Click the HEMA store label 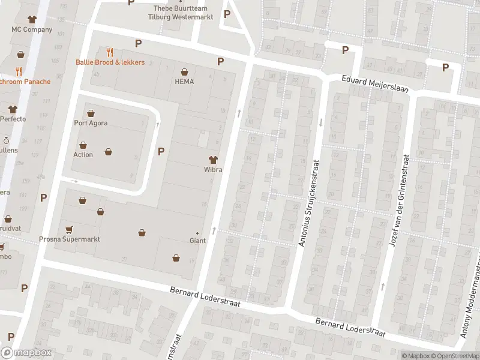[184, 82]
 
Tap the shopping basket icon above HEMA [184, 71]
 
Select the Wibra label [212, 170]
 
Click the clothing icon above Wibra [212, 159]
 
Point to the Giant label [197, 241]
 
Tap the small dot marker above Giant [197, 233]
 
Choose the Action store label [83, 155]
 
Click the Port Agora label [91, 124]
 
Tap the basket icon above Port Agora [91, 113]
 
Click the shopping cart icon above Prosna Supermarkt [69, 229]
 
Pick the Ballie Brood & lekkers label [110, 62]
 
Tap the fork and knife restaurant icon [110, 52]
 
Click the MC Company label [32, 29]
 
